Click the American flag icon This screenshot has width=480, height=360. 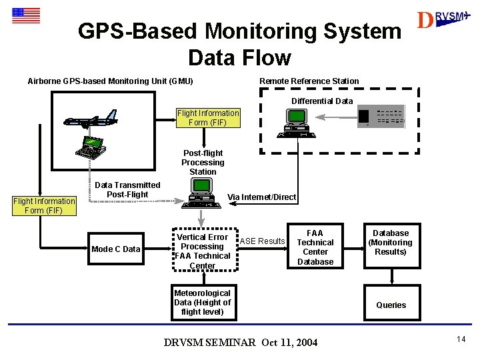tap(25, 15)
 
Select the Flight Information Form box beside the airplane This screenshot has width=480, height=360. tap(208, 118)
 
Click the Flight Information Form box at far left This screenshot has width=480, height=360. tap(44, 205)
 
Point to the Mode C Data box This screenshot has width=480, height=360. tap(116, 249)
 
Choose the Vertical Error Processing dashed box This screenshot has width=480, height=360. tap(202, 251)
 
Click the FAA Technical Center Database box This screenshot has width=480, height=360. tap(315, 247)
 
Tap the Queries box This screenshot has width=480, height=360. tap(391, 305)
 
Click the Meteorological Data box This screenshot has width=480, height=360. tap(202, 303)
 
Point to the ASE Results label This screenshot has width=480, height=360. tap(262, 241)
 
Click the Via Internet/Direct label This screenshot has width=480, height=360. tap(261, 197)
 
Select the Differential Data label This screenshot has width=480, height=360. tap(322, 101)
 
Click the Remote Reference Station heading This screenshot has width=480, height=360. tap(309, 81)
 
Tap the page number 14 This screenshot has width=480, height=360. tap(461, 340)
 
